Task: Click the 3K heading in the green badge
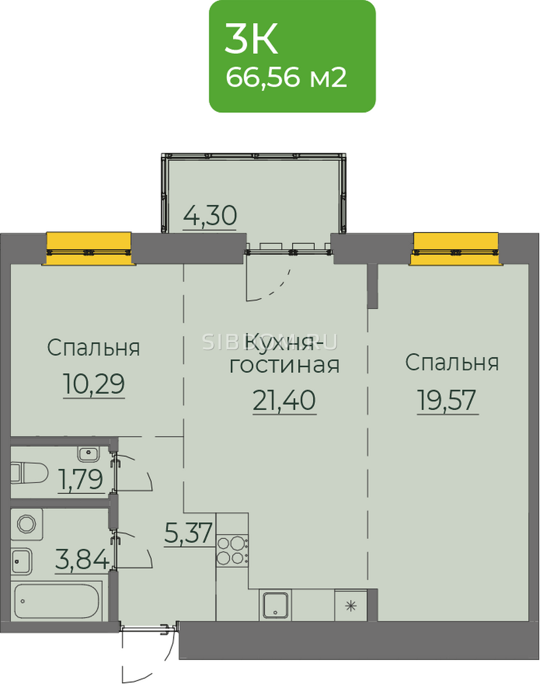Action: point(251,39)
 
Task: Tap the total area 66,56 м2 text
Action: point(286,78)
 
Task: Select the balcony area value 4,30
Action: point(210,215)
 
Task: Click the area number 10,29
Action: point(94,383)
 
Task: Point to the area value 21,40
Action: point(285,400)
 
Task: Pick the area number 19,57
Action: point(447,400)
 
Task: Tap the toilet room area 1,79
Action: point(81,479)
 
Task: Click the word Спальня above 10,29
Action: point(94,348)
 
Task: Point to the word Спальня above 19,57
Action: point(452,363)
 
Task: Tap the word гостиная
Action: point(285,366)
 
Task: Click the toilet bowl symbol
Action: point(29,473)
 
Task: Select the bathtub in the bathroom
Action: point(56,601)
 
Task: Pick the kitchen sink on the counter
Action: point(276,605)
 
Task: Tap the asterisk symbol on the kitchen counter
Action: point(351,606)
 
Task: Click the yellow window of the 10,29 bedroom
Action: point(89,249)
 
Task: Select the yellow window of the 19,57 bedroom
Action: point(456,249)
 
